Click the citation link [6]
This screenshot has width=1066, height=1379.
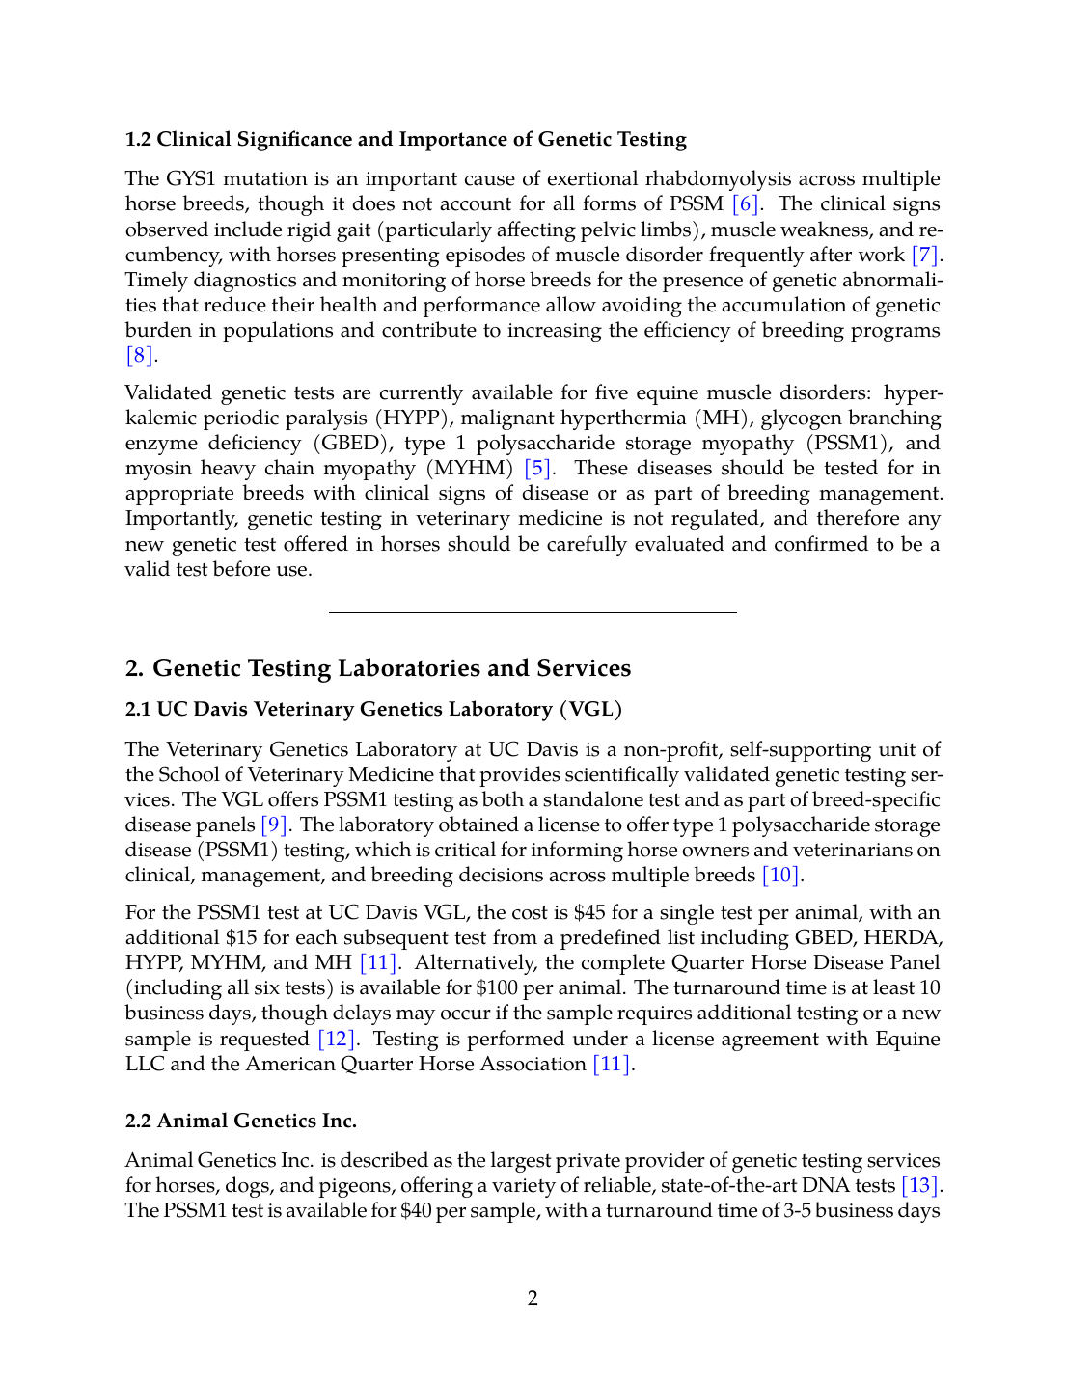tap(746, 204)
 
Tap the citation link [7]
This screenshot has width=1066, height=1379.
tap(925, 256)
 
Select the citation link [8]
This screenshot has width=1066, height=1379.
tap(140, 356)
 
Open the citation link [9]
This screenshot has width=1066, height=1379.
tap(274, 825)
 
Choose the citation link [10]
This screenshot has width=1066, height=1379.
tap(780, 876)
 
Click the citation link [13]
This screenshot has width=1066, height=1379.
tap(919, 1186)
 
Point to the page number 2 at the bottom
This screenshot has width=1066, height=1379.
tap(533, 1299)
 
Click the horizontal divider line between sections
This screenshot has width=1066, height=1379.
tap(533, 612)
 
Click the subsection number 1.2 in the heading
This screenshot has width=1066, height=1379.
tap(138, 140)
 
